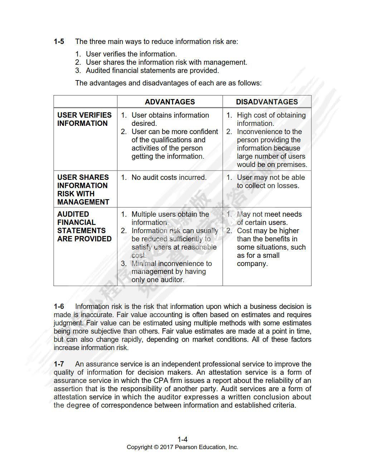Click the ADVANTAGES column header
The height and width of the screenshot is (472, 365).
click(170, 102)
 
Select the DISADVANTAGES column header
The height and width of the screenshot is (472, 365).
click(267, 102)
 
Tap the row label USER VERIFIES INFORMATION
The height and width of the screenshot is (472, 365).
click(84, 119)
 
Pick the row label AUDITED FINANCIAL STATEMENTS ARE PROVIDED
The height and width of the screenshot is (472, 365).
click(84, 226)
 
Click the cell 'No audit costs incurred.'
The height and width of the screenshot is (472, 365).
click(169, 177)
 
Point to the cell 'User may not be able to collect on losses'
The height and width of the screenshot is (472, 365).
click(271, 181)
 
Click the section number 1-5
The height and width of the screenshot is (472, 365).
click(59, 41)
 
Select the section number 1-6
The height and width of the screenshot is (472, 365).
click(59, 306)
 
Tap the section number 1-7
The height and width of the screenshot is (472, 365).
click(59, 364)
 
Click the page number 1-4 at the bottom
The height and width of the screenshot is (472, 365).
click(182, 439)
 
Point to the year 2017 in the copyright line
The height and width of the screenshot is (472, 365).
click(167, 447)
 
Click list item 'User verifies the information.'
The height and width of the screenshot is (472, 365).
click(131, 54)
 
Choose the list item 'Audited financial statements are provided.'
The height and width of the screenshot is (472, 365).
click(152, 70)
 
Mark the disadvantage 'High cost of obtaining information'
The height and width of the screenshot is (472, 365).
click(271, 119)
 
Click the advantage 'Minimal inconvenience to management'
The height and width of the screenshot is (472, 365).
click(171, 268)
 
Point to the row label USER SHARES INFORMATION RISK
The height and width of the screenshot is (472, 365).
click(83, 190)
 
